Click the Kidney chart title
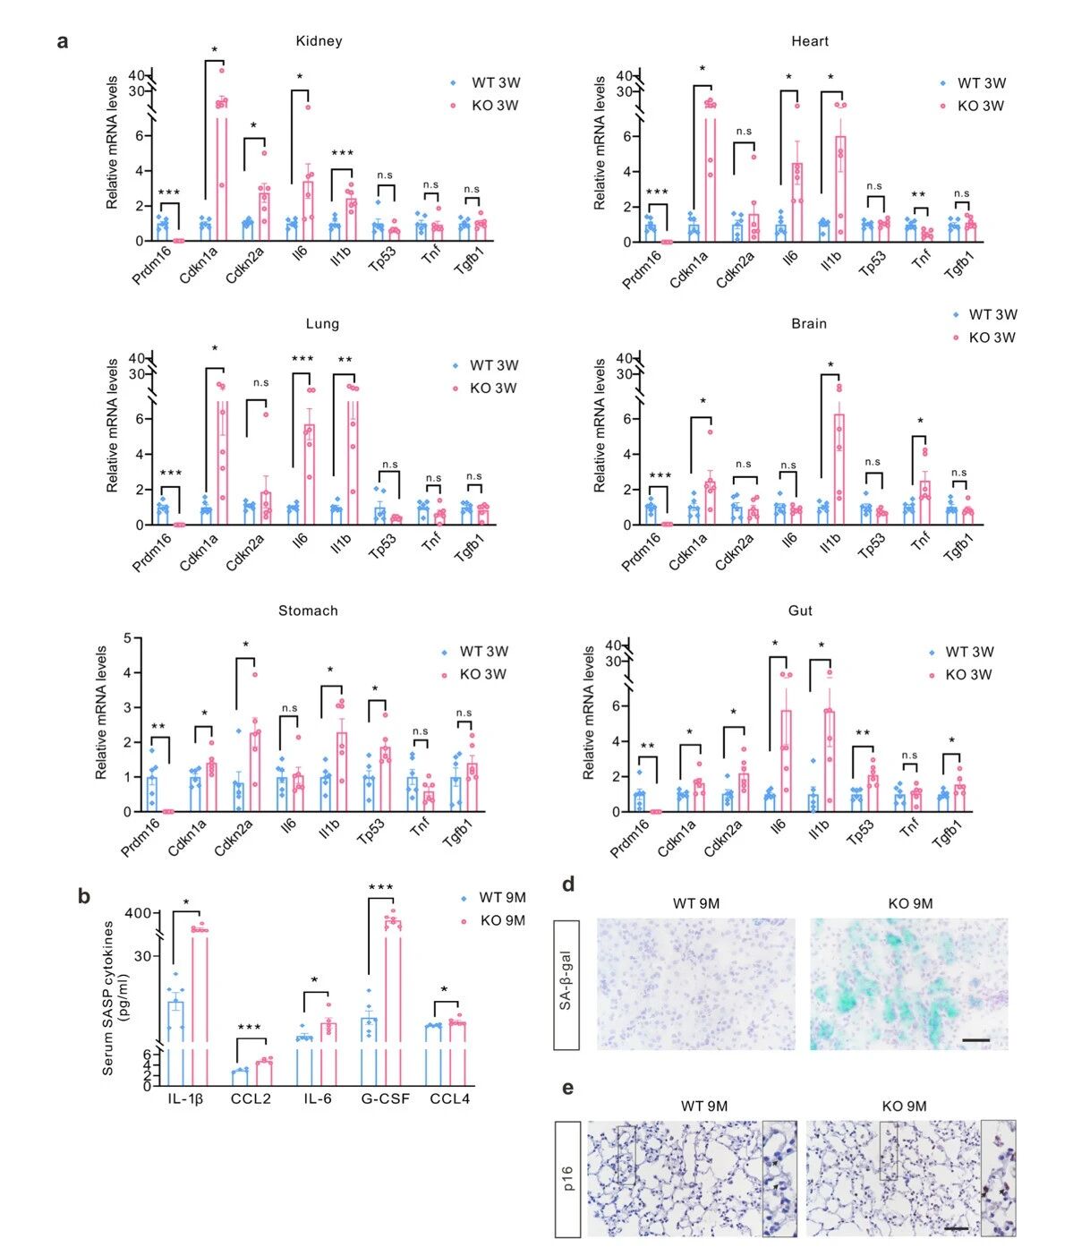319,41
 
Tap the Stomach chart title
308,611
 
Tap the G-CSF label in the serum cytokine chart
386,1098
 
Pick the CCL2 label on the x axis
251,1098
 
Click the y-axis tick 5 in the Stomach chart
127,638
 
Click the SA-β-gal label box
566,984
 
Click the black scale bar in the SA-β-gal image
976,1040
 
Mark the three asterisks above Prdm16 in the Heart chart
656,192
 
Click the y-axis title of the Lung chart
113,426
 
